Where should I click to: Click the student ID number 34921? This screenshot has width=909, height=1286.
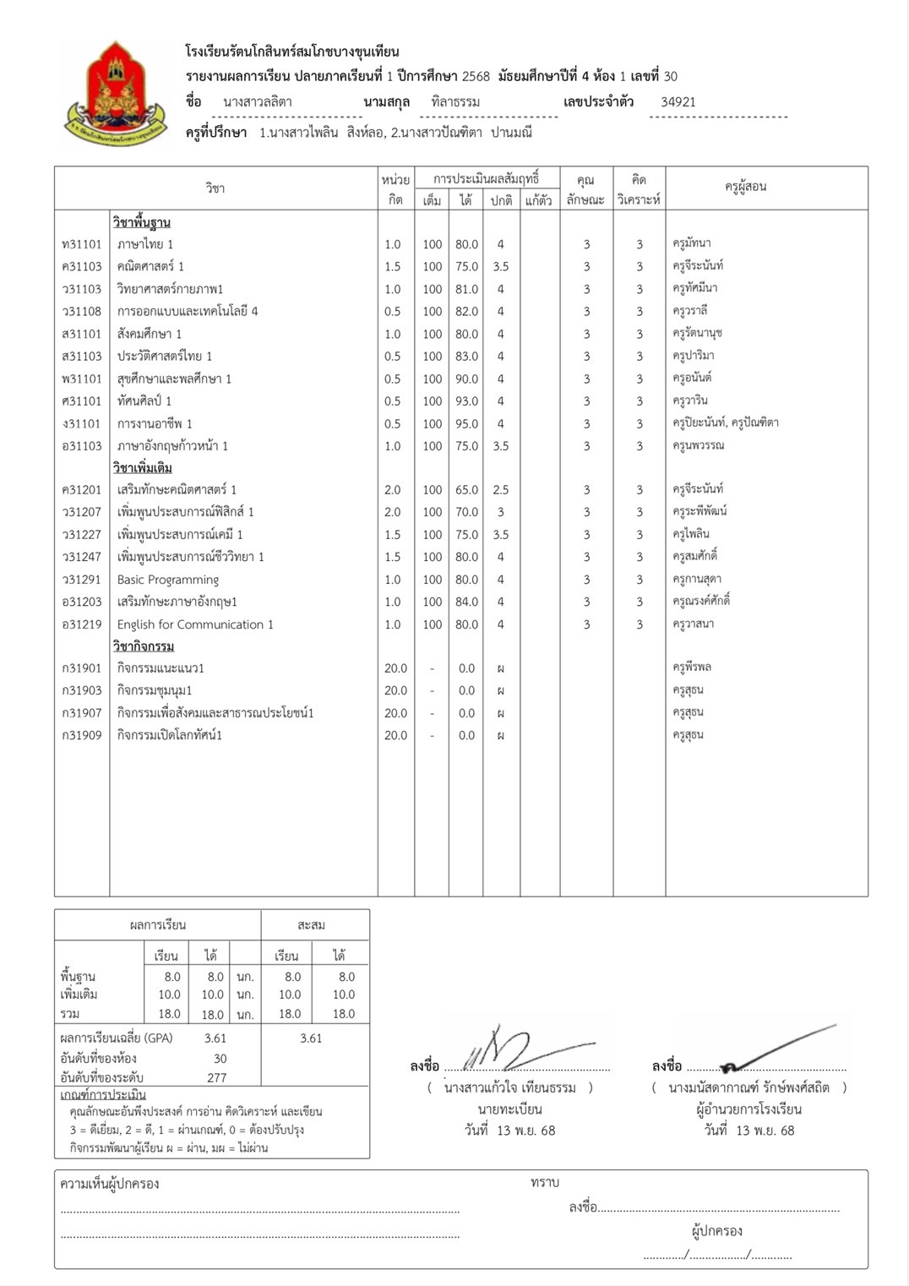tap(678, 102)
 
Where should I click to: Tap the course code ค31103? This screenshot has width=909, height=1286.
tap(81, 266)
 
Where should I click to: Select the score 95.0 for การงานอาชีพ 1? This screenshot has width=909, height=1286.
tap(466, 424)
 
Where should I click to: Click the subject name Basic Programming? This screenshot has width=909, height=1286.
tap(167, 580)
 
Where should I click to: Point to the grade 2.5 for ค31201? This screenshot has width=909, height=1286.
tap(500, 490)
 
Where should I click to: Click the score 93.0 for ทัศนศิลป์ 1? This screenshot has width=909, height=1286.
tap(466, 401)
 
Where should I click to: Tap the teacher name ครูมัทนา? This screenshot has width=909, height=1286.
tap(691, 243)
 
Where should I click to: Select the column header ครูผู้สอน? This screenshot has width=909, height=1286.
tap(745, 187)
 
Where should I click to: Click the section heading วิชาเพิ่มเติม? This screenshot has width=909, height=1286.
tap(142, 468)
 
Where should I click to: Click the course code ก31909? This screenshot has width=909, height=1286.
tap(81, 735)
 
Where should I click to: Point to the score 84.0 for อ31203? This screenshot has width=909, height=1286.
tap(466, 602)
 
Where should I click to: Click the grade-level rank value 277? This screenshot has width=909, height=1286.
tap(217, 1078)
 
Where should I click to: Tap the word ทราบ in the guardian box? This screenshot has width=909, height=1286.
tap(545, 1183)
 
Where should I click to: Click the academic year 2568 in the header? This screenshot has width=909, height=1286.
tap(476, 76)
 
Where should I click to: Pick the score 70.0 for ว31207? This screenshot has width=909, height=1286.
tap(466, 512)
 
